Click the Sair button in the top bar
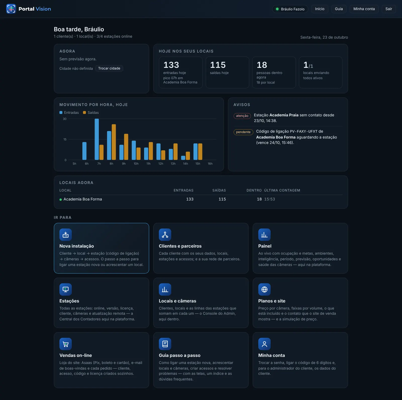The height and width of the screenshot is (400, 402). point(389,9)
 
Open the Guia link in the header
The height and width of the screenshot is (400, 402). point(339,9)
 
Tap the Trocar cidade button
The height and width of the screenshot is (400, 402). point(109,68)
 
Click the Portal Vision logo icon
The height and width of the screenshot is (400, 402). point(11,9)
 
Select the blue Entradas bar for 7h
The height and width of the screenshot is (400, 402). point(97,139)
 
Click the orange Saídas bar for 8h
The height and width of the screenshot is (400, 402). point(114,142)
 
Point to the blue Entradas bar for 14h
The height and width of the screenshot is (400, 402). point(183,158)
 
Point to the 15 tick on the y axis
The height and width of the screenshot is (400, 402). point(65,139)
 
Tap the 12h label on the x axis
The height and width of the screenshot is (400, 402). point(161,164)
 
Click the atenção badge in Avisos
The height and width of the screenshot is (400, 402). point(242,116)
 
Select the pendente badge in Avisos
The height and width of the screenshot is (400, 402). point(243,132)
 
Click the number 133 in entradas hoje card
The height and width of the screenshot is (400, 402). point(171,65)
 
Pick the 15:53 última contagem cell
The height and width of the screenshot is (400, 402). point(270,199)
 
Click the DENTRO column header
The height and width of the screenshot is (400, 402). point(254,190)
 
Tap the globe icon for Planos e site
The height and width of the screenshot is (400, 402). point(264,289)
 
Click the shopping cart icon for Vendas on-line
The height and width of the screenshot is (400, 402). point(66,344)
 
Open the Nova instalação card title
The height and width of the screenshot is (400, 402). point(77,246)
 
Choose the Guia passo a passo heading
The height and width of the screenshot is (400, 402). point(180,355)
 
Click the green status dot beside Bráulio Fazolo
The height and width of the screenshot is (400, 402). point(277,9)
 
